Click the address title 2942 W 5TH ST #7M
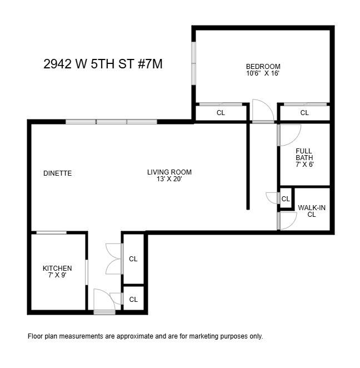pos(103,64)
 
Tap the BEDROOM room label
pos(263,66)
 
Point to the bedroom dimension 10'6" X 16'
pos(263,73)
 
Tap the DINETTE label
pos(58,173)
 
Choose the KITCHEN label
pos(57,268)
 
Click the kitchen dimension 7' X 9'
pos(57,275)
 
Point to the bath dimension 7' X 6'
pos(304,165)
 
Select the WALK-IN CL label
pos(312,211)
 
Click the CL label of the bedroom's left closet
pos(221,113)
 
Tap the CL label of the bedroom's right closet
pos(304,113)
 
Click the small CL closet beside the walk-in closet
pos(286,199)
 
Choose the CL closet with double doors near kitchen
pos(133,259)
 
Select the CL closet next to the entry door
pos(133,300)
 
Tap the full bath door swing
pos(288,134)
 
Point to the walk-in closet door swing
pos(288,221)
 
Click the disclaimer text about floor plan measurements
pos(145,336)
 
